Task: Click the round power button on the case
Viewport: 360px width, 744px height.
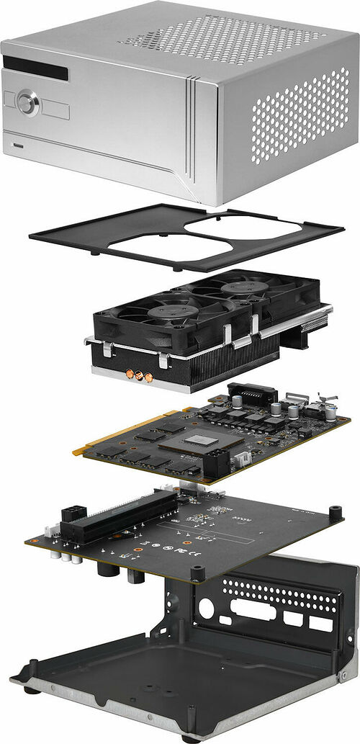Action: click(27, 102)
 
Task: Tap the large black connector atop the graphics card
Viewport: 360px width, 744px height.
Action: click(252, 394)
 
